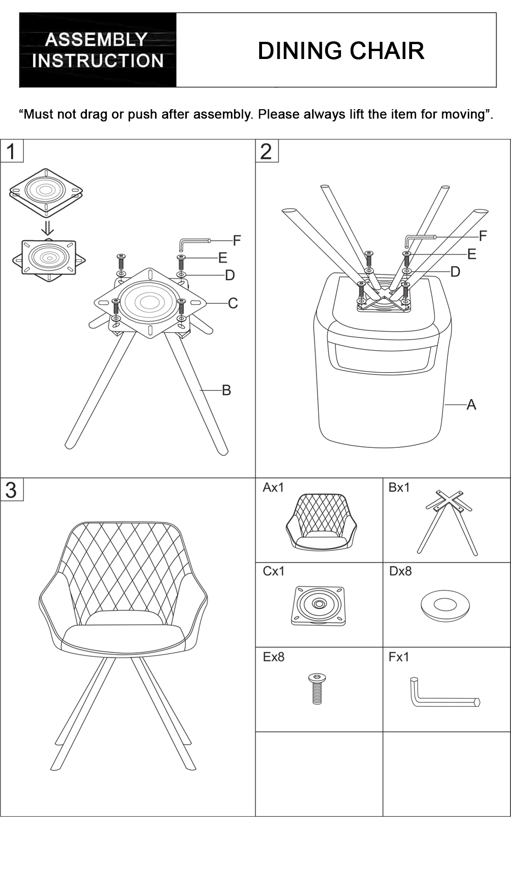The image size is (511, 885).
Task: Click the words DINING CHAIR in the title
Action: (341, 51)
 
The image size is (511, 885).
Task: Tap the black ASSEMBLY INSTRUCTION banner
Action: (98, 50)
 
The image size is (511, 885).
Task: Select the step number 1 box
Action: (12, 151)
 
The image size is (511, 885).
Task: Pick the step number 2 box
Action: (267, 151)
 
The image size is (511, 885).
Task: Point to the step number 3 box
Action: (12, 490)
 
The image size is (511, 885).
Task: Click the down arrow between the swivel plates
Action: (47, 228)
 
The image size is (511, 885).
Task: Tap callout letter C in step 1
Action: (233, 303)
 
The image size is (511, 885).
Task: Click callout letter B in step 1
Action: (226, 390)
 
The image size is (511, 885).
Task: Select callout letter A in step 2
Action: (471, 405)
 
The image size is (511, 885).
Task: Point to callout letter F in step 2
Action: (483, 236)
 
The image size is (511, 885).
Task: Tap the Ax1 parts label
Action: (273, 487)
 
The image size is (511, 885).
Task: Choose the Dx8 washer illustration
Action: (445, 605)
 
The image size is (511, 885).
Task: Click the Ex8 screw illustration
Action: (317, 688)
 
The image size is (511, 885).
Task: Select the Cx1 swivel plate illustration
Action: (319, 605)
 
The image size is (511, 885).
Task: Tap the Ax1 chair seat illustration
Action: (321, 522)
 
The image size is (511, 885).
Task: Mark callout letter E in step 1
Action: (223, 258)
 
